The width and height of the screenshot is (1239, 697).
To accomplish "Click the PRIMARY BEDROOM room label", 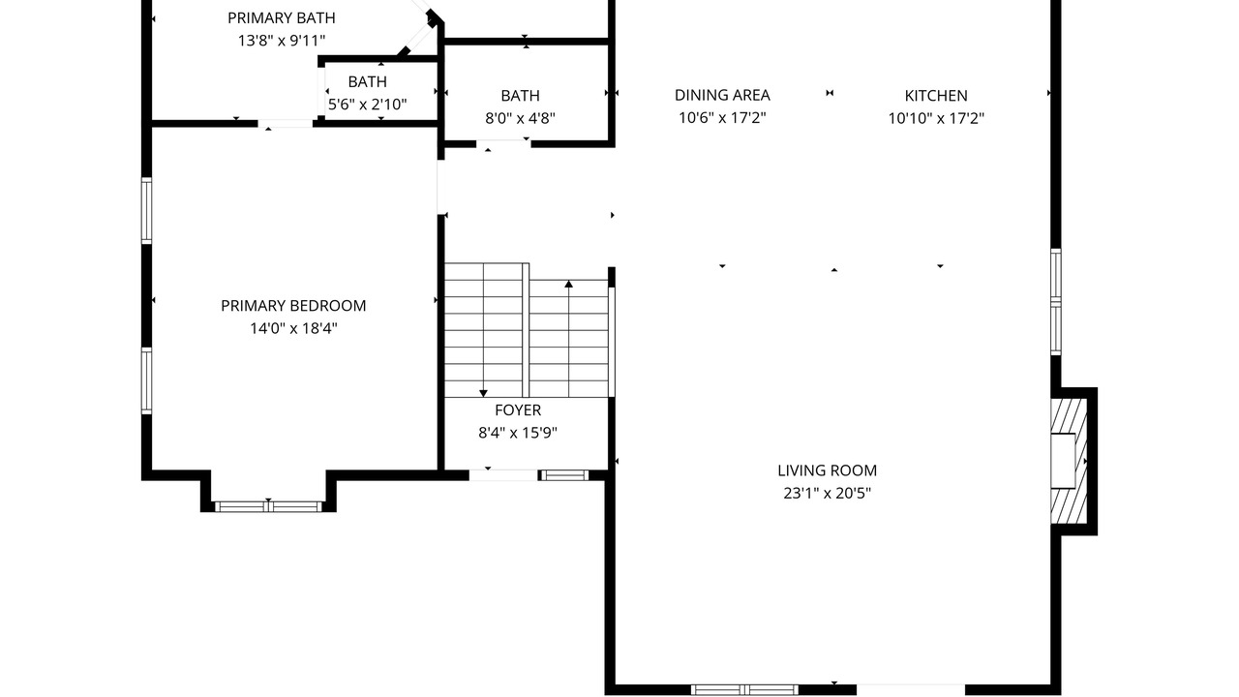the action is [x=293, y=306].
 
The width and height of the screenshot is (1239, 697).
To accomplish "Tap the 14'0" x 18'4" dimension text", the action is [x=293, y=328].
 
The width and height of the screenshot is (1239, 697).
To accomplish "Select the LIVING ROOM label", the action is [x=827, y=470].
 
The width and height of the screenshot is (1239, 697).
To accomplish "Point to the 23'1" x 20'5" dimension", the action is [x=827, y=493].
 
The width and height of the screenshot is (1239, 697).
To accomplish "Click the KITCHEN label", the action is [x=936, y=96].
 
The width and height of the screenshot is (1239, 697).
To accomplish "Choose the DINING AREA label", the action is [x=722, y=95].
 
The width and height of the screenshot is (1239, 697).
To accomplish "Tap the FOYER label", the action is [x=518, y=409].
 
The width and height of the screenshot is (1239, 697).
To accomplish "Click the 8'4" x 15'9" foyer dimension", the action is [x=518, y=433].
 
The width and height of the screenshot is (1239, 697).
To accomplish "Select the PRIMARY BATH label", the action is [x=282, y=18].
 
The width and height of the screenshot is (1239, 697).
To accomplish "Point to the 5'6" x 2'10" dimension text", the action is [x=367, y=105].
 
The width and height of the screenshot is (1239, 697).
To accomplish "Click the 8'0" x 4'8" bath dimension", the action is [x=520, y=118].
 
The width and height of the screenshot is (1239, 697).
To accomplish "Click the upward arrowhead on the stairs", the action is [x=568, y=284].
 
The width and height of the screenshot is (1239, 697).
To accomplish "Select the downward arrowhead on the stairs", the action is [x=483, y=393].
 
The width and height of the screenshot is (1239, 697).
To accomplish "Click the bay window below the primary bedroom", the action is [x=268, y=506].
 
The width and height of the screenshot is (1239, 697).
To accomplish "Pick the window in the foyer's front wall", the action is [x=564, y=475].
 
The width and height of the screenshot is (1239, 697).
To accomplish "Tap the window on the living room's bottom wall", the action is [x=744, y=690].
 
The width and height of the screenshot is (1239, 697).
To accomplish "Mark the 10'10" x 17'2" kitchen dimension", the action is [x=936, y=118].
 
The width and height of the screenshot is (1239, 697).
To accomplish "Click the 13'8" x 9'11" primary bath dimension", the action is [x=282, y=41].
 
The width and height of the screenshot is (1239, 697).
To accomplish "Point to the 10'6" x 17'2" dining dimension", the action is [x=722, y=118].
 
